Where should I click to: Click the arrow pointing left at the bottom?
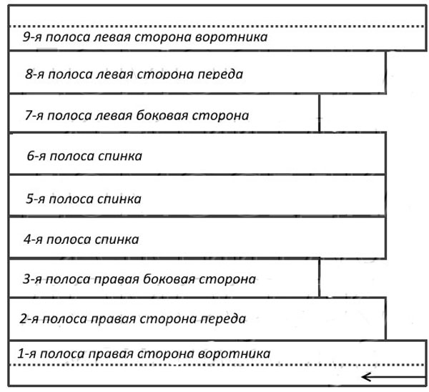(394, 377)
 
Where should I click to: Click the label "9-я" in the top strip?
(32, 37)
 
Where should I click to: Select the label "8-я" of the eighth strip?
(34, 74)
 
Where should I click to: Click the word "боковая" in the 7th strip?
(162, 115)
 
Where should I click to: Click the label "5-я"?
(35, 199)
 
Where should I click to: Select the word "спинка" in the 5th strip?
(119, 199)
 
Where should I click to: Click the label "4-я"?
(33, 240)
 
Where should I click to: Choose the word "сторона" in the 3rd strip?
(227, 280)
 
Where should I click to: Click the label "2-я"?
(29, 319)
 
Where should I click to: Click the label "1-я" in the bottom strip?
(27, 353)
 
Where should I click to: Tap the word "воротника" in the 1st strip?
(234, 354)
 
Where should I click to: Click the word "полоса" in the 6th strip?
(71, 156)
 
